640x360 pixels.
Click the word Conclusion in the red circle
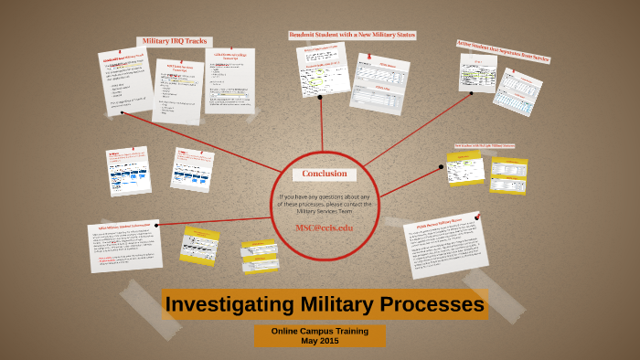click(x=325, y=174)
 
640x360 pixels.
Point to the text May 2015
click(x=319, y=341)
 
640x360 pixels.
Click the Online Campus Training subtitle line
click(x=319, y=331)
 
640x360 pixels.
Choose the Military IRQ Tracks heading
click(x=174, y=41)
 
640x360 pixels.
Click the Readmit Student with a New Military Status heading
click(x=352, y=35)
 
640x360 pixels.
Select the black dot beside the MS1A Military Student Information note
click(x=157, y=224)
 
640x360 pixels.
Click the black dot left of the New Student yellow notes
click(x=441, y=167)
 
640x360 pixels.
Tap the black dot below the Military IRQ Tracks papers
click(x=122, y=113)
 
